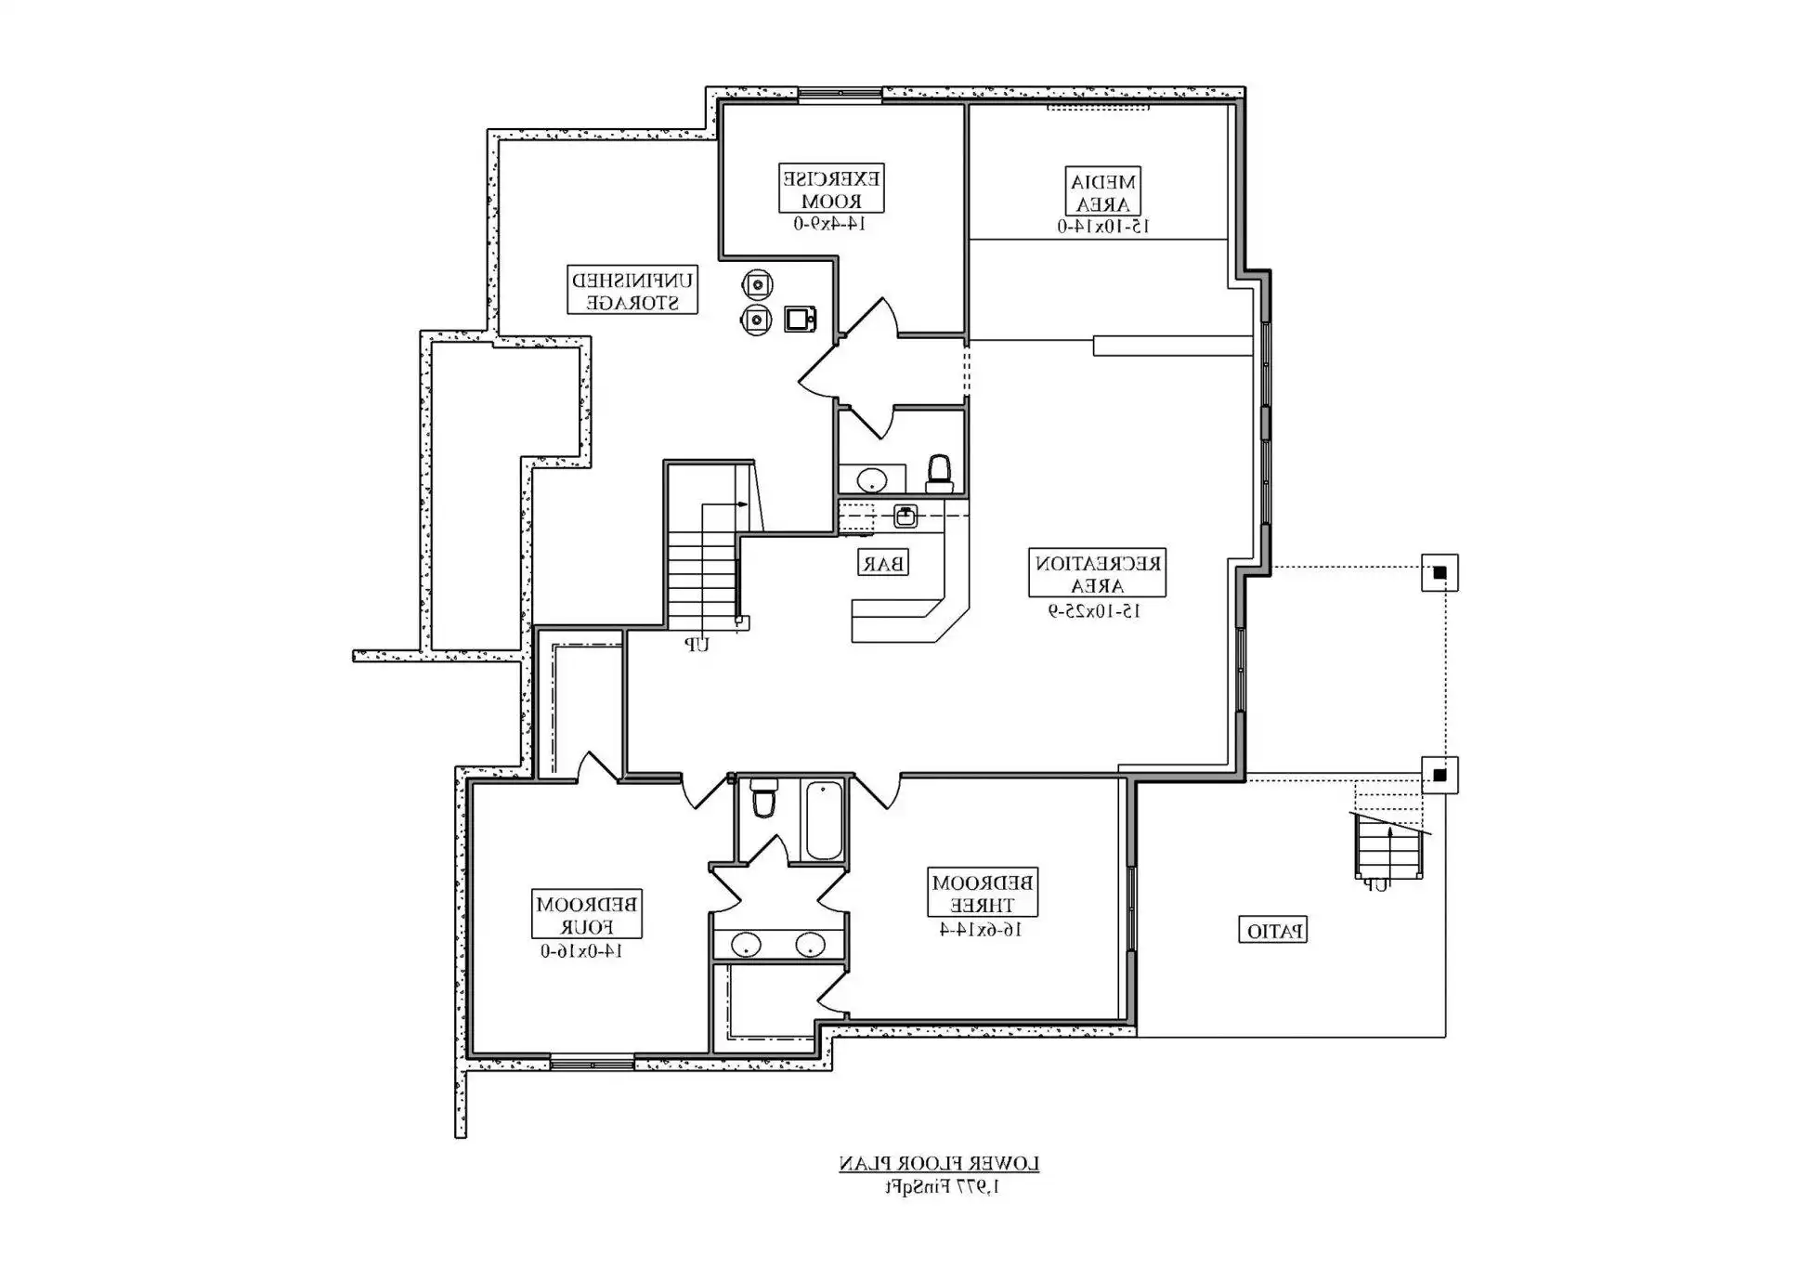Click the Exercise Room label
[x=831, y=189]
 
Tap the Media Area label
[x=1102, y=192]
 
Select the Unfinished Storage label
[x=632, y=290]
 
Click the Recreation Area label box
[x=1097, y=573]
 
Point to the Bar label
[x=882, y=563]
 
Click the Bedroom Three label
[x=983, y=892]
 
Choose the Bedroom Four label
[x=587, y=914]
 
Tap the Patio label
[x=1273, y=930]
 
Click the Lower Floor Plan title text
[x=939, y=1163]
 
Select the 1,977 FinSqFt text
[x=941, y=1186]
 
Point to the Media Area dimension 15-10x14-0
[x=1103, y=226]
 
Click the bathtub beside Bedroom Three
[x=824, y=821]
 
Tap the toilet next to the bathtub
[x=763, y=799]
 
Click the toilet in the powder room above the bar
[x=940, y=474]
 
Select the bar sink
[x=905, y=516]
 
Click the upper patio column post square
[x=1440, y=572]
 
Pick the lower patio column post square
[x=1440, y=775]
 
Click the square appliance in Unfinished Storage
[x=800, y=319]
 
